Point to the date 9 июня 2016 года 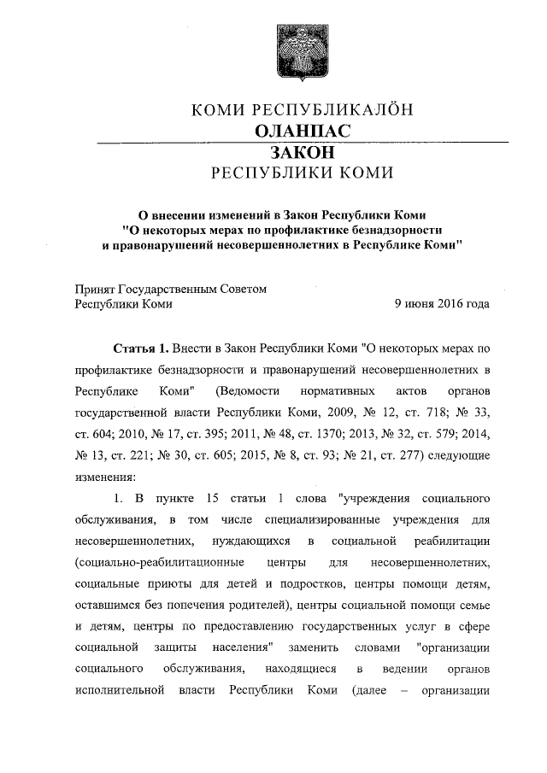(441, 303)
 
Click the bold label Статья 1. (140, 349)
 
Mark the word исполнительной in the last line (119, 690)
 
